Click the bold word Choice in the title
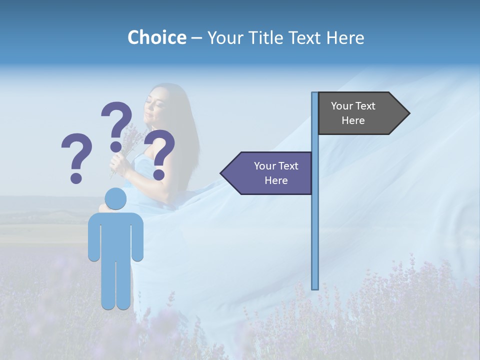tap(156, 37)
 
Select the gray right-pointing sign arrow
tap(360, 113)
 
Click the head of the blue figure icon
tap(116, 199)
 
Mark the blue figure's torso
tap(116, 235)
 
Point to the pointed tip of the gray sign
tap(408, 113)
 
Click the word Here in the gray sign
tap(353, 120)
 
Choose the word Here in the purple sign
tap(276, 180)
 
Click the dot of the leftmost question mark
tap(76, 177)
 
